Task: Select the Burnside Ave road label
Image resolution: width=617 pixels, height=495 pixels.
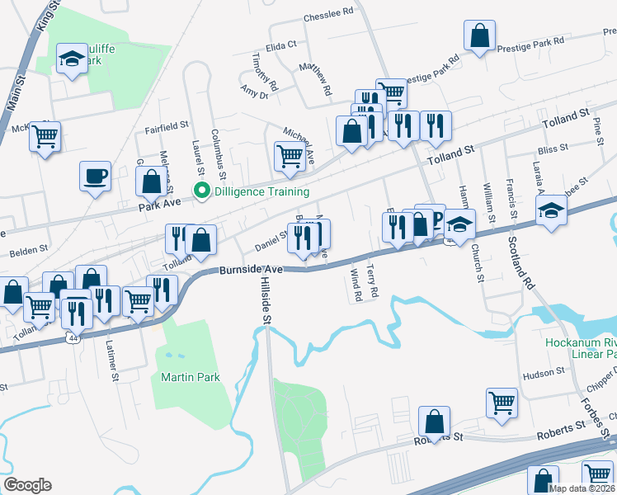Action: (252, 270)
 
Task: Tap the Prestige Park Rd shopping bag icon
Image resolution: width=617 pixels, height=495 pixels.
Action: (480, 35)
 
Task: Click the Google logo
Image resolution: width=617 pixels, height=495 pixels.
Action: (27, 485)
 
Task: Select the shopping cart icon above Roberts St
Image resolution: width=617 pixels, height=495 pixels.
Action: (502, 403)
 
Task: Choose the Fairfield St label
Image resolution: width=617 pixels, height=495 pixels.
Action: (167, 128)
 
